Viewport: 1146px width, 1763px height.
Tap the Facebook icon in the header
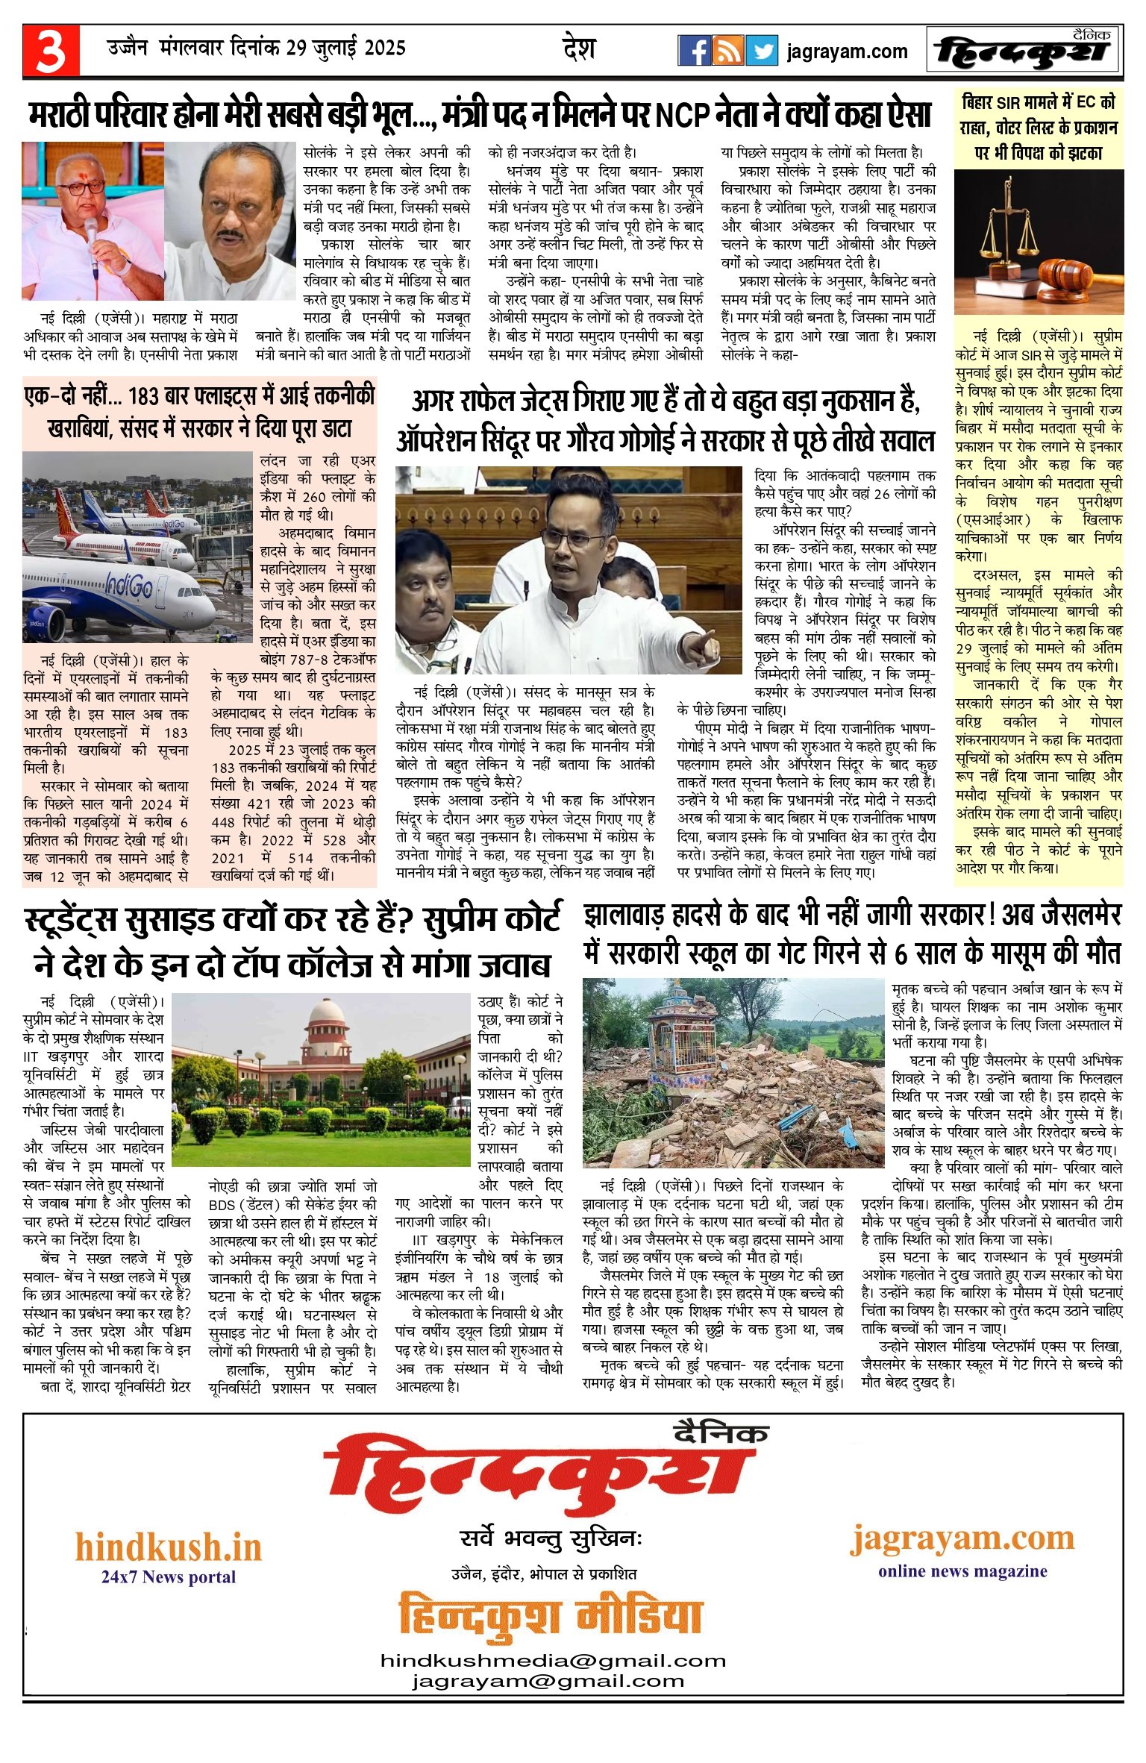[x=693, y=51]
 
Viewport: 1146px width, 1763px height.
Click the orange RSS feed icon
[x=727, y=51]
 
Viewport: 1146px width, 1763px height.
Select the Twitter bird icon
[x=761, y=51]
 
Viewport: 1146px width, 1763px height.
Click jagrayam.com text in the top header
[x=847, y=51]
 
